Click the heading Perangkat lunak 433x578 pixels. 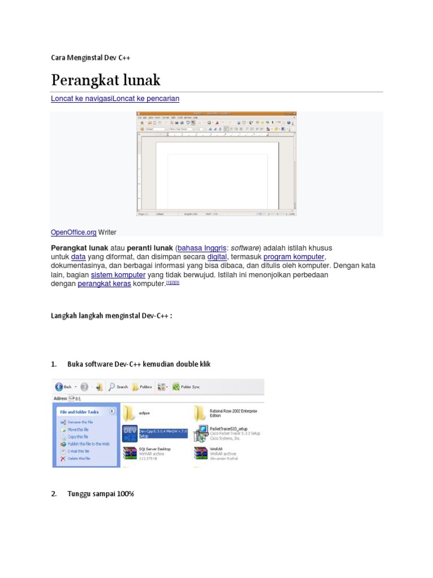click(106, 80)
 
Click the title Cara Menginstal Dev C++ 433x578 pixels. click(91, 58)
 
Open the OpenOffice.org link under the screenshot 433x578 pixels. click(73, 232)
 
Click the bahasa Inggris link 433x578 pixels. click(202, 248)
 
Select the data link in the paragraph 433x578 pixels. click(78, 257)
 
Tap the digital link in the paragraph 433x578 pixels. click(217, 257)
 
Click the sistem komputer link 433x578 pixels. click(118, 274)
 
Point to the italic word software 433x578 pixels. click(244, 248)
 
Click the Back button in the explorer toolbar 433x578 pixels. click(64, 387)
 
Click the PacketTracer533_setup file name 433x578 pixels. click(228, 429)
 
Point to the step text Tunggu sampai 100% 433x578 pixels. click(100, 494)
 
